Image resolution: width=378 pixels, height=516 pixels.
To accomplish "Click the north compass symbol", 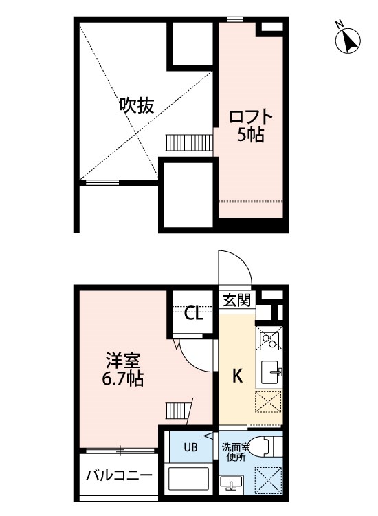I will point(348,40).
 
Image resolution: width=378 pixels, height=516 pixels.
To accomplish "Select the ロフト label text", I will point(250,116).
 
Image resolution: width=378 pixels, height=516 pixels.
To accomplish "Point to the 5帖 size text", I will point(250,135).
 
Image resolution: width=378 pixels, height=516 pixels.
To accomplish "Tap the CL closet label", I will point(194,314).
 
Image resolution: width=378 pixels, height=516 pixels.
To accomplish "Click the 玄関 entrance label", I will point(237,299).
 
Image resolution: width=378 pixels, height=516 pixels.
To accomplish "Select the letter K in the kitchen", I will point(236,376).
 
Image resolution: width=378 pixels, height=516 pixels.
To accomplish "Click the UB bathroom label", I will point(190,447).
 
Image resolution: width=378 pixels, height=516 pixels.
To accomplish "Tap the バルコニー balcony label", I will point(119,475).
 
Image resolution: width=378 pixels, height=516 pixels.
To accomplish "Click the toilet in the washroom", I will point(265,447).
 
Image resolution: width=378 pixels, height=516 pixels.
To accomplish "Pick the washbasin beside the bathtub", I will point(232,482).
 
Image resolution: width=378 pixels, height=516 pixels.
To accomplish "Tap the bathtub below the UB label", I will point(190,480).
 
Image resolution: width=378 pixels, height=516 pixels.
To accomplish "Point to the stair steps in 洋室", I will point(176,412).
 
